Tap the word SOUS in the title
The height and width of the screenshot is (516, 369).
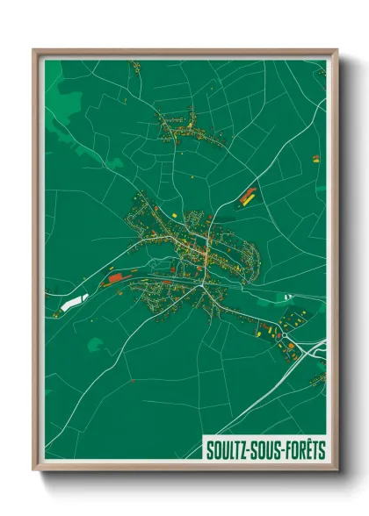click(264, 450)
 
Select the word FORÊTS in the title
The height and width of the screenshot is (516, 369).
click(303, 450)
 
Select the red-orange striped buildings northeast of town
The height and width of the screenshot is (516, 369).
click(248, 196)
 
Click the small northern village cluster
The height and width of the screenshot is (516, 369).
click(184, 127)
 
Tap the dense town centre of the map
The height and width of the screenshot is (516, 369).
click(195, 250)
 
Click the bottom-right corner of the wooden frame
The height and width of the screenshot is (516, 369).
click(336, 469)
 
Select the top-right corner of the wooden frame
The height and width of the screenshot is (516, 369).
click(336, 51)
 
